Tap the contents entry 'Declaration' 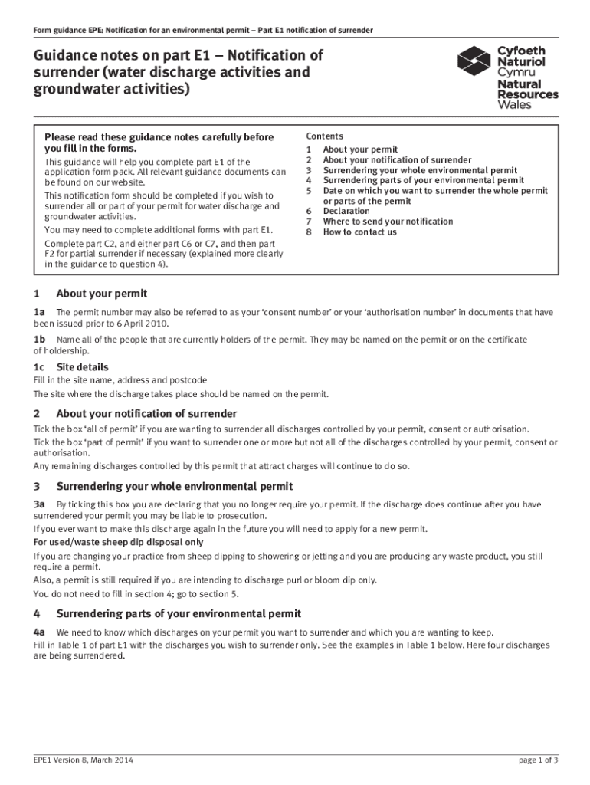[346, 211]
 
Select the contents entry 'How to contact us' [359, 232]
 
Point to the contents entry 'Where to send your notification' [388, 222]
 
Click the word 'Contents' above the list [325, 136]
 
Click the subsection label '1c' [39, 367]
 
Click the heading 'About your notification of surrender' [146, 414]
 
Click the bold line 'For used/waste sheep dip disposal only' [119, 542]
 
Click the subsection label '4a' [39, 632]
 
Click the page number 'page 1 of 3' [538, 760]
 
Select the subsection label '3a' [39, 504]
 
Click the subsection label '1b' [39, 339]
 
